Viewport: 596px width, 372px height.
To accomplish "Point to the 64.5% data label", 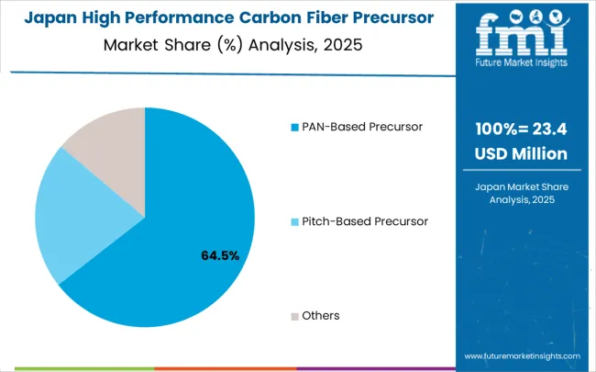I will tap(220, 255).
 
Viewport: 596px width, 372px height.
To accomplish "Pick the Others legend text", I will tap(321, 315).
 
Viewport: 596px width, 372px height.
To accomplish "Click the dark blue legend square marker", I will tap(295, 127).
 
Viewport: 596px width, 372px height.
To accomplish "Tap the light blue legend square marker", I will tap(295, 221).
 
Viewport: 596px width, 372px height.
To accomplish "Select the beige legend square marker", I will tap(295, 316).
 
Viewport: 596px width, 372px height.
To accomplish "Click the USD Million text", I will tap(520, 153).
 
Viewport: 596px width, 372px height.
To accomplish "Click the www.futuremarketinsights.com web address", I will tap(522, 355).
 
